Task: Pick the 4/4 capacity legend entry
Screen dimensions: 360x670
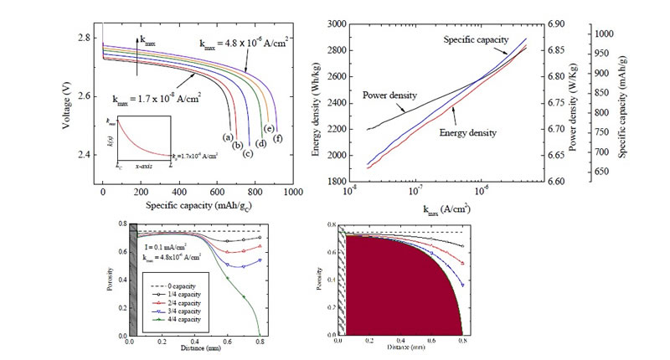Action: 175,317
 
